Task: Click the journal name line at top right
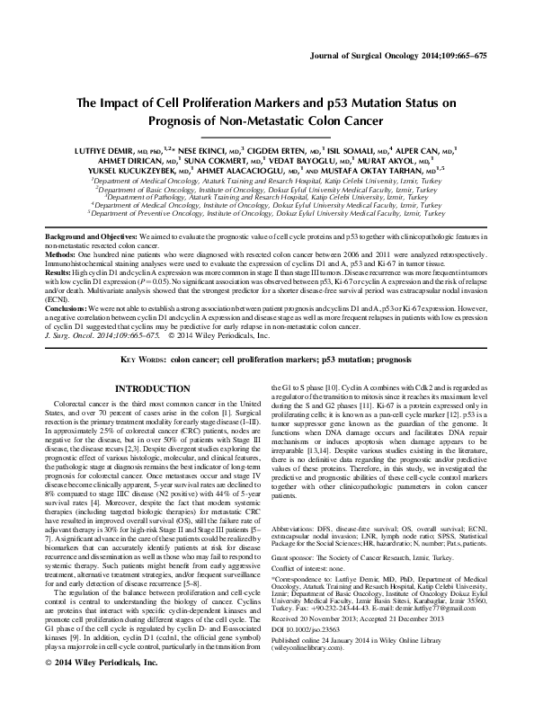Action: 410,55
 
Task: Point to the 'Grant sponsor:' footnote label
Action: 291,532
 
